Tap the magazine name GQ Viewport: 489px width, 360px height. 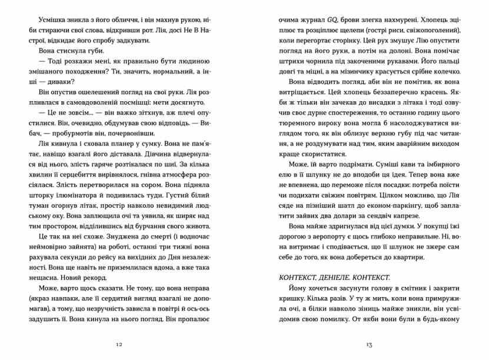click(340, 19)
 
